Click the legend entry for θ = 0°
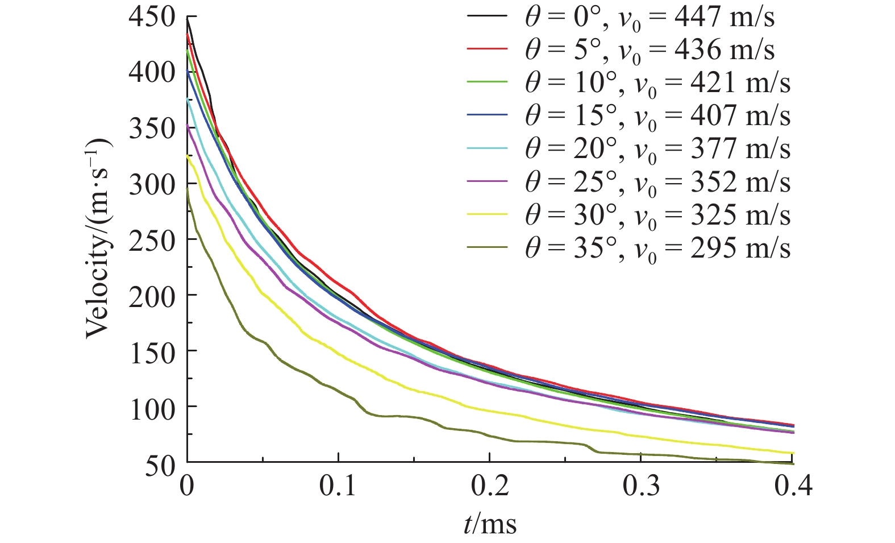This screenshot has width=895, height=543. (648, 18)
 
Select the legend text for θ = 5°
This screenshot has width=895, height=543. (648, 50)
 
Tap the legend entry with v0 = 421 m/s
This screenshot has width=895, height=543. (656, 83)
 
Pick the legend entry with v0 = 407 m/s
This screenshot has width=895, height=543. (656, 116)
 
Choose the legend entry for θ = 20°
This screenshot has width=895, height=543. (656, 149)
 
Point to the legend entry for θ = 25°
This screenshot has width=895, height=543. (656, 182)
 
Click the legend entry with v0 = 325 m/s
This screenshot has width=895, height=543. (656, 215)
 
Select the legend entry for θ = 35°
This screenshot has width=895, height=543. (656, 248)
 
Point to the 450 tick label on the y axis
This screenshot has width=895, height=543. (151, 18)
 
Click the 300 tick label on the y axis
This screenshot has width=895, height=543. (151, 185)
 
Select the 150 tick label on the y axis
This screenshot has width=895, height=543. (151, 353)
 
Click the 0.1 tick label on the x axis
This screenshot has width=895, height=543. (338, 486)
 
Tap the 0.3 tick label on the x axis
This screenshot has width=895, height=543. (642, 486)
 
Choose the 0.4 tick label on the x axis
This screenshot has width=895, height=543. (793, 486)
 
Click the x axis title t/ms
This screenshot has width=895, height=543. (490, 524)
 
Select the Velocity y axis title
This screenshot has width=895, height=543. (99, 239)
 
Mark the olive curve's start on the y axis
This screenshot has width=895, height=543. (187, 189)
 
